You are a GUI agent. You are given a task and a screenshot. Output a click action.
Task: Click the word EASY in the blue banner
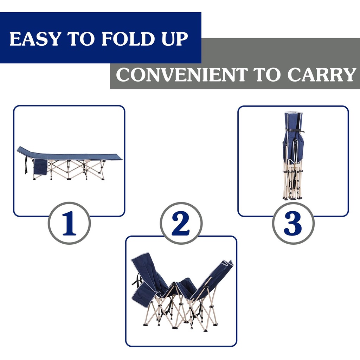[x=34, y=39]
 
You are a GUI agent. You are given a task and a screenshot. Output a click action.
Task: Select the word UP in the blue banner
[x=174, y=39]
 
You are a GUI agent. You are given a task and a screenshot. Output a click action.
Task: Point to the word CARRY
[x=322, y=75]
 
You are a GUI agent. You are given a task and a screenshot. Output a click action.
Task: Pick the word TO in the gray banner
[x=268, y=75]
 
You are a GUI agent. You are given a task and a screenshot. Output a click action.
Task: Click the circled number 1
[x=69, y=223]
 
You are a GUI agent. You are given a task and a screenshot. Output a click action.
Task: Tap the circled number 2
[x=181, y=223]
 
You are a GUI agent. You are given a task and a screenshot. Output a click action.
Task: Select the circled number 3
[x=293, y=223]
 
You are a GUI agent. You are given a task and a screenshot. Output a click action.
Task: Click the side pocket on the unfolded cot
[x=40, y=167]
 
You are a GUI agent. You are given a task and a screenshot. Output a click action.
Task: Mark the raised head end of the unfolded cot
[x=25, y=151]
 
